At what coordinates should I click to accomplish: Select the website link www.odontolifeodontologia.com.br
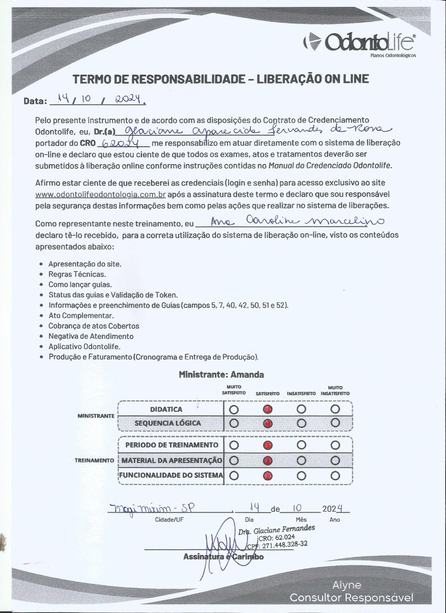click(100, 194)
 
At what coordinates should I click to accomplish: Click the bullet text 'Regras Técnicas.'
click(77, 274)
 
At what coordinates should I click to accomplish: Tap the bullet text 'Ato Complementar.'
click(81, 316)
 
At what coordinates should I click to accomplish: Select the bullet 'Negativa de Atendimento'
click(91, 336)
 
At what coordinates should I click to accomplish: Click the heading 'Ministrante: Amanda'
click(221, 375)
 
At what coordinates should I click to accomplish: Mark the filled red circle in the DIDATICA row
click(268, 409)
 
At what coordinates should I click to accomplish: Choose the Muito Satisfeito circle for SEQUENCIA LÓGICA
click(234, 423)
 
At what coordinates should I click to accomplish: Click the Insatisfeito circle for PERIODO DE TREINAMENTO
click(301, 445)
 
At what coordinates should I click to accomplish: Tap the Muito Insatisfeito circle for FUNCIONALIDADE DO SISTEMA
click(336, 476)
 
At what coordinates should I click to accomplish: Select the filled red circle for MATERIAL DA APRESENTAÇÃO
click(268, 460)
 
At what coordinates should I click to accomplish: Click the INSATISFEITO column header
click(301, 393)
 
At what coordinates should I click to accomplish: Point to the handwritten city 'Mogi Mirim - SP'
click(151, 508)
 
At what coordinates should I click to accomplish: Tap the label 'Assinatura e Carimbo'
click(223, 556)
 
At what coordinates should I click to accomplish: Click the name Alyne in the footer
click(347, 585)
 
